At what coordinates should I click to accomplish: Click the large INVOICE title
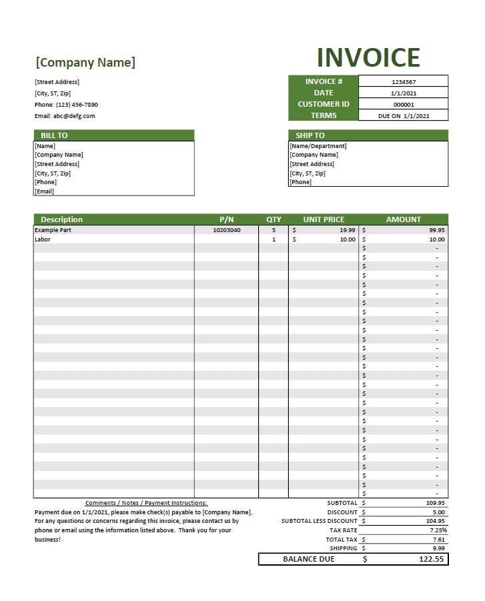click(x=368, y=57)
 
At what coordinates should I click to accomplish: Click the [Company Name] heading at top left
click(x=85, y=63)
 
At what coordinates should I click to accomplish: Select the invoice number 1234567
click(x=404, y=82)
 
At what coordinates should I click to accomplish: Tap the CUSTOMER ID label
click(x=324, y=104)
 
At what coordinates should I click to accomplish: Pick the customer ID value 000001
click(x=404, y=105)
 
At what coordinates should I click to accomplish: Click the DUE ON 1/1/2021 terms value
click(x=404, y=116)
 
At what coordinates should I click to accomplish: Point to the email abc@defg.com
click(x=65, y=116)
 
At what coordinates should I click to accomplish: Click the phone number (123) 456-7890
click(x=66, y=105)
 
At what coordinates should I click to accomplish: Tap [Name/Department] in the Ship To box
click(x=318, y=146)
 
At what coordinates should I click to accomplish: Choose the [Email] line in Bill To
click(x=45, y=191)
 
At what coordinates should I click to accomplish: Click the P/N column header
click(x=227, y=219)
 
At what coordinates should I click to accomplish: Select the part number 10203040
click(x=227, y=230)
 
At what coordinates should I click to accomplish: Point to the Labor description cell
click(x=42, y=239)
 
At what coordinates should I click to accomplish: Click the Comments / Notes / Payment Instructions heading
click(x=146, y=503)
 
